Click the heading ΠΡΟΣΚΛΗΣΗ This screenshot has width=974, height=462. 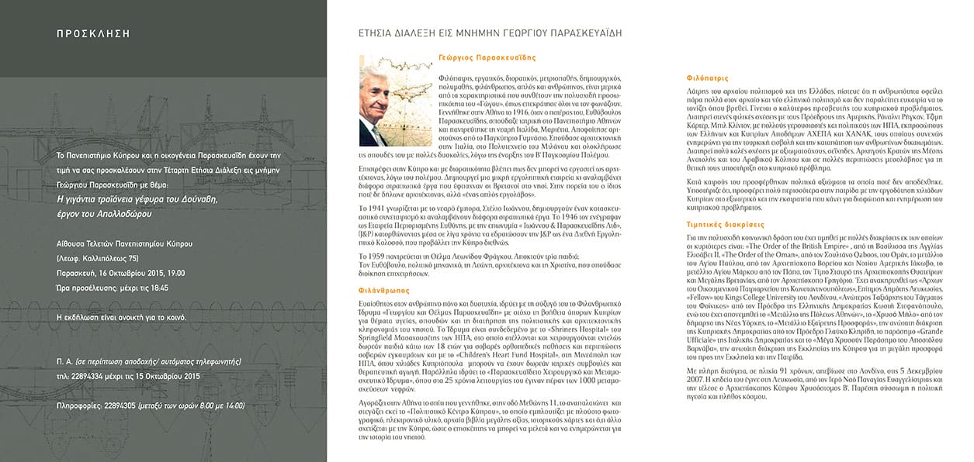pyautogui.click(x=93, y=34)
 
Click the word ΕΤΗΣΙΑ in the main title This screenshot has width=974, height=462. pyautogui.click(x=376, y=33)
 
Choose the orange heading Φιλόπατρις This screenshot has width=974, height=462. pyautogui.click(x=707, y=78)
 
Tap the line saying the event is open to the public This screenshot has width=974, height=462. pyautogui.click(x=121, y=318)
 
